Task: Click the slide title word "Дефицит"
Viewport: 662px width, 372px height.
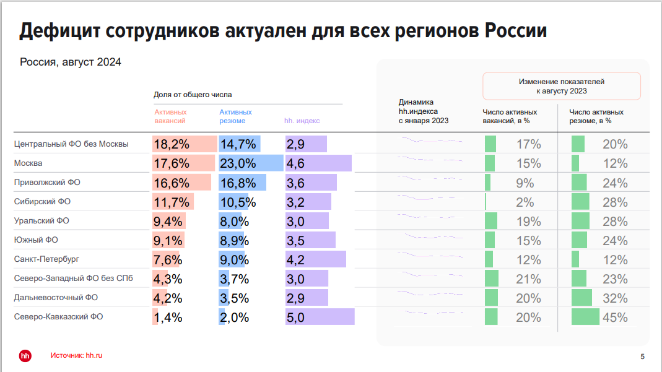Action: [59, 31]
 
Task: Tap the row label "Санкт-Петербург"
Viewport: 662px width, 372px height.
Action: [46, 259]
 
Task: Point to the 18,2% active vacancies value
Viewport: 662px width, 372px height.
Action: [172, 144]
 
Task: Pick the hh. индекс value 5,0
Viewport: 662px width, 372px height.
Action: [296, 318]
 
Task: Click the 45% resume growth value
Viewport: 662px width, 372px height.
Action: [615, 318]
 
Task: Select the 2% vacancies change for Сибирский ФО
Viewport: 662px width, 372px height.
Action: [525, 202]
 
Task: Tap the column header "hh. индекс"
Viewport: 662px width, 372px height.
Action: [302, 121]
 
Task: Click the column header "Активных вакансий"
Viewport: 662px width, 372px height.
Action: [170, 116]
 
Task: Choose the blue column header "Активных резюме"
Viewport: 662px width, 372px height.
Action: [235, 116]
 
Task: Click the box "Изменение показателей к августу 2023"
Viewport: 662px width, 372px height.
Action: [561, 86]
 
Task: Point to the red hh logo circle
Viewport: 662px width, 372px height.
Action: [25, 355]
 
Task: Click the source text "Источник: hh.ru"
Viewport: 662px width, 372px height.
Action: [76, 355]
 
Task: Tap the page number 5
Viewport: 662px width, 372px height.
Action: [642, 356]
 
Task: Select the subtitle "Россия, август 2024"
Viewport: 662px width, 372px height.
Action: [70, 62]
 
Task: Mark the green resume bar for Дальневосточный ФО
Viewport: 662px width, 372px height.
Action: [581, 298]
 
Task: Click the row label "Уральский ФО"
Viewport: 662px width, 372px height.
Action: [41, 220]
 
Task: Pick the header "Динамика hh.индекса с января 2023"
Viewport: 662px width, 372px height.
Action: [424, 111]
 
